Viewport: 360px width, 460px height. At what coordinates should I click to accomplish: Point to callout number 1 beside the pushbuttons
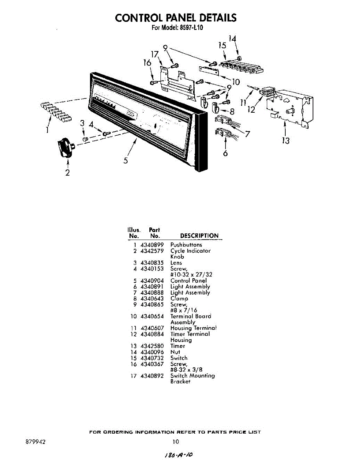pos(47,130)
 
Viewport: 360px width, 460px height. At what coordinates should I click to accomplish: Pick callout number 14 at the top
pos(232,38)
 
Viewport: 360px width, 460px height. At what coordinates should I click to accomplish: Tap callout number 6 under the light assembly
pos(225,153)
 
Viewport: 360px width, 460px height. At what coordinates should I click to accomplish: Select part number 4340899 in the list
pos(152,245)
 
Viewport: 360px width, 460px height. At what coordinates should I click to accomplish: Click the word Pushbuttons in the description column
pos(186,245)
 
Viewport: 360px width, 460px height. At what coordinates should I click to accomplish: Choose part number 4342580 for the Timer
pos(152,346)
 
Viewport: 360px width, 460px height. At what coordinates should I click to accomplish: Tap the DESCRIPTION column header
pos(199,236)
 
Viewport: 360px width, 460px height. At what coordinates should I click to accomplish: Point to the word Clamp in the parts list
pos(179,298)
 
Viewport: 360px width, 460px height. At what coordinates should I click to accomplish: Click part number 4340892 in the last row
pos(152,376)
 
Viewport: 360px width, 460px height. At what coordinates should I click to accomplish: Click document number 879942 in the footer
pos(36,442)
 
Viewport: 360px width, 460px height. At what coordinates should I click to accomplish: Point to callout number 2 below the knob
pos(67,172)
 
